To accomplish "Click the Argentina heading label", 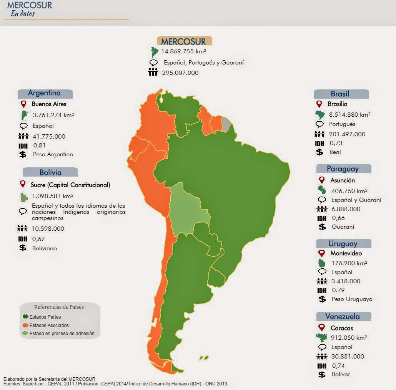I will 44,93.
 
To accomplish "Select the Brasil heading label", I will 340,94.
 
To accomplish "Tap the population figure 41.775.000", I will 48,136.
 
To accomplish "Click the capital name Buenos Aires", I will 49,104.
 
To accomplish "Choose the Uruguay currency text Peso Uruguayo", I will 352,299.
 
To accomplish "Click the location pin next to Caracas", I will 322,328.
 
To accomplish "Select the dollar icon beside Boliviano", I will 23,248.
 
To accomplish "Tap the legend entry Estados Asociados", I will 49,326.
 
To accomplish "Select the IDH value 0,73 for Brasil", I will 336,143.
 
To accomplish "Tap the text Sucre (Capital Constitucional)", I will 70,185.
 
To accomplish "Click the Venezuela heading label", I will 342,317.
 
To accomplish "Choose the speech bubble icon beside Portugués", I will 319,124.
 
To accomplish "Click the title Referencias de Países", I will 59,307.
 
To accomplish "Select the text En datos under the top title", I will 22,14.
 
